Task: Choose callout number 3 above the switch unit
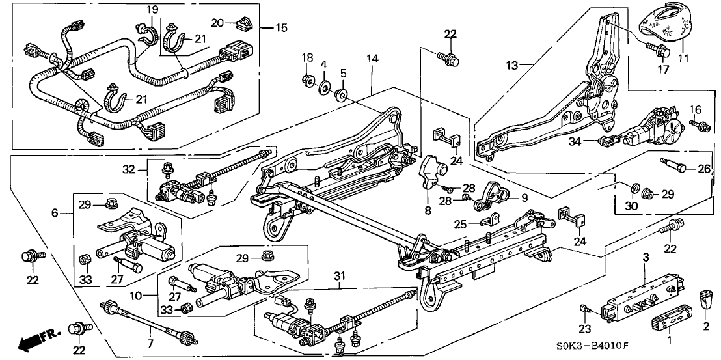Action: [x=645, y=258]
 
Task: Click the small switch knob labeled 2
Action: [x=706, y=299]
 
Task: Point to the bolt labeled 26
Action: [x=673, y=165]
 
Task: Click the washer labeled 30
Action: [x=634, y=187]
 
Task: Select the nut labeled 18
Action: [x=306, y=81]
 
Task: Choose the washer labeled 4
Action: [x=323, y=87]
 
